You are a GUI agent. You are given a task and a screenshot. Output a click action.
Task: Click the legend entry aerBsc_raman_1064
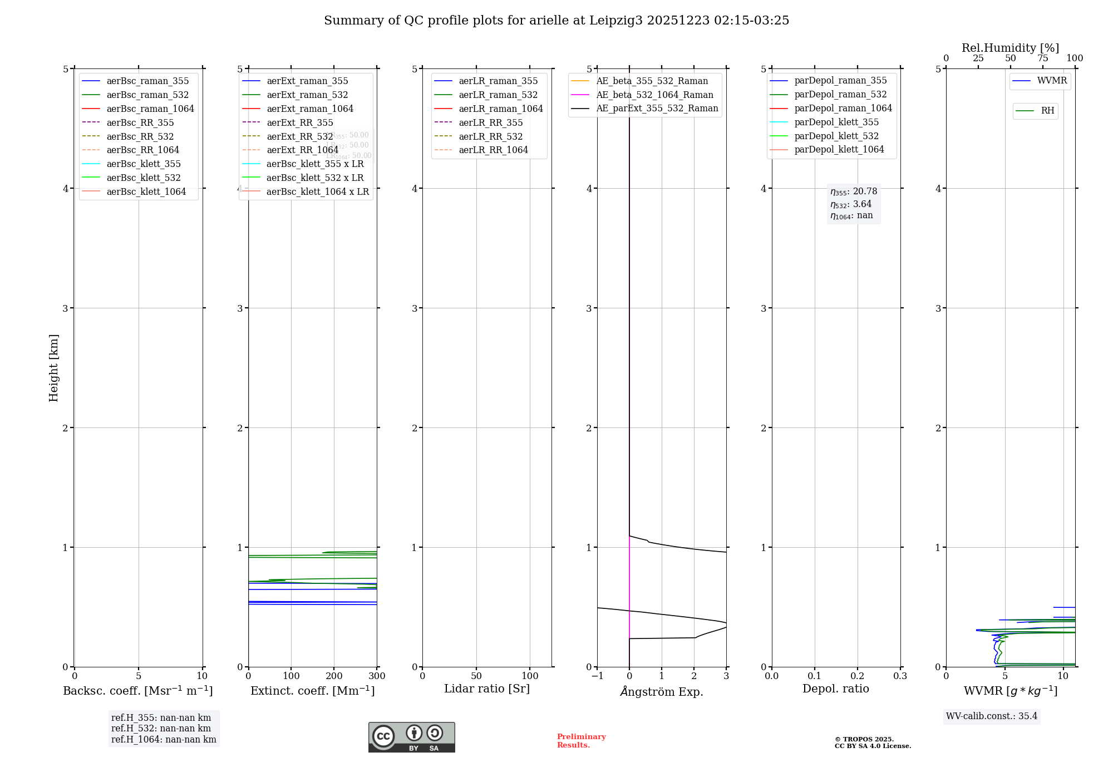click(150, 109)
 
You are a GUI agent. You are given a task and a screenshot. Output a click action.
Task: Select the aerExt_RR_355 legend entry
click(299, 122)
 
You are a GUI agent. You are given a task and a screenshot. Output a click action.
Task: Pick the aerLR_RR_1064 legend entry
click(493, 150)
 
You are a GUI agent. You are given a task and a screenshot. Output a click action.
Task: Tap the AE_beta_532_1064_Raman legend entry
click(654, 95)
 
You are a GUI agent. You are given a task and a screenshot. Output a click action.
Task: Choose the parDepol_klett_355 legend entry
click(836, 122)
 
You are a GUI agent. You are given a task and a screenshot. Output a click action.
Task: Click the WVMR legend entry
click(1052, 81)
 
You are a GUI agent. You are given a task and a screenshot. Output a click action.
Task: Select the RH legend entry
click(1047, 111)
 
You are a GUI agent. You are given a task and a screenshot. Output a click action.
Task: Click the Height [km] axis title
click(53, 367)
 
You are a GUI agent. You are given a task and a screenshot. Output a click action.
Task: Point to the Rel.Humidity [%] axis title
click(1010, 48)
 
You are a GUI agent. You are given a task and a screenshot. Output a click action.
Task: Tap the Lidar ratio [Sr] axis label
click(487, 689)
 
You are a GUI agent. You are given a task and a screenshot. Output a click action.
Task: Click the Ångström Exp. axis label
click(662, 691)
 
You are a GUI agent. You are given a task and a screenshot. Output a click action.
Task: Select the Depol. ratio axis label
click(836, 689)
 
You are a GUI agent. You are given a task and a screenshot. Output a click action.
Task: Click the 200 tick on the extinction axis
click(334, 676)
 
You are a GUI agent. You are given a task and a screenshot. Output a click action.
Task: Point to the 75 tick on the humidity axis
click(1042, 58)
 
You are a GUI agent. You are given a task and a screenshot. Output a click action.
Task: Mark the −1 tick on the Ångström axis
click(597, 676)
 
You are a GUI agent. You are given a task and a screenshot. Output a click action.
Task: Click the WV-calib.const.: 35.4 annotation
click(992, 716)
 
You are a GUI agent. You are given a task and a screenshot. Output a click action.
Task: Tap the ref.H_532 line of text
click(161, 728)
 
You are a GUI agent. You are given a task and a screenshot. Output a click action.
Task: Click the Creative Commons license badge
click(411, 737)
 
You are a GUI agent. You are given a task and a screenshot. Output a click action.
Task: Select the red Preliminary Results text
click(581, 740)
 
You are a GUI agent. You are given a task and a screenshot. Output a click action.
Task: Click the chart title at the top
click(556, 21)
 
